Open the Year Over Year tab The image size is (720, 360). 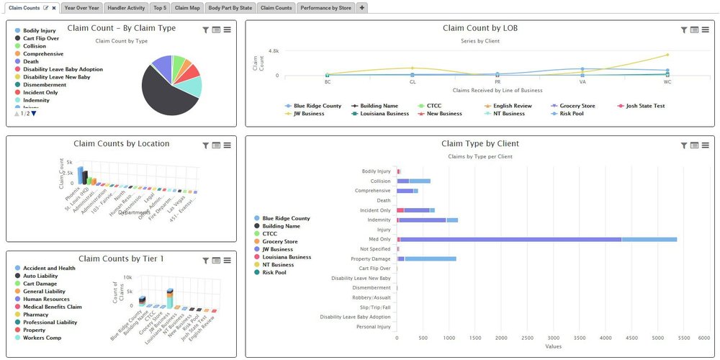[81, 7]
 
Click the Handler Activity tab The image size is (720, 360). [126, 7]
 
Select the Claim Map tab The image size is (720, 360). [187, 7]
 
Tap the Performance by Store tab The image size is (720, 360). [325, 7]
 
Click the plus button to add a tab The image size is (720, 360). [362, 7]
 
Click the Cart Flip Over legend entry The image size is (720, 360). [40, 38]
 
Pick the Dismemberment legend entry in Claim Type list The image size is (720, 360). [45, 85]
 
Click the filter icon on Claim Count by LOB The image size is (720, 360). [684, 30]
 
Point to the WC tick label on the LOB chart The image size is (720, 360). [667, 81]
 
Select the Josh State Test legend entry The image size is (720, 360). [646, 106]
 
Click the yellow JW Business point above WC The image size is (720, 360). [667, 55]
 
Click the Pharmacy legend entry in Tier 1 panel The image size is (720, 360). [36, 315]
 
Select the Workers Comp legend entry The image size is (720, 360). [42, 338]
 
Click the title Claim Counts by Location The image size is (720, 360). [122, 144]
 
